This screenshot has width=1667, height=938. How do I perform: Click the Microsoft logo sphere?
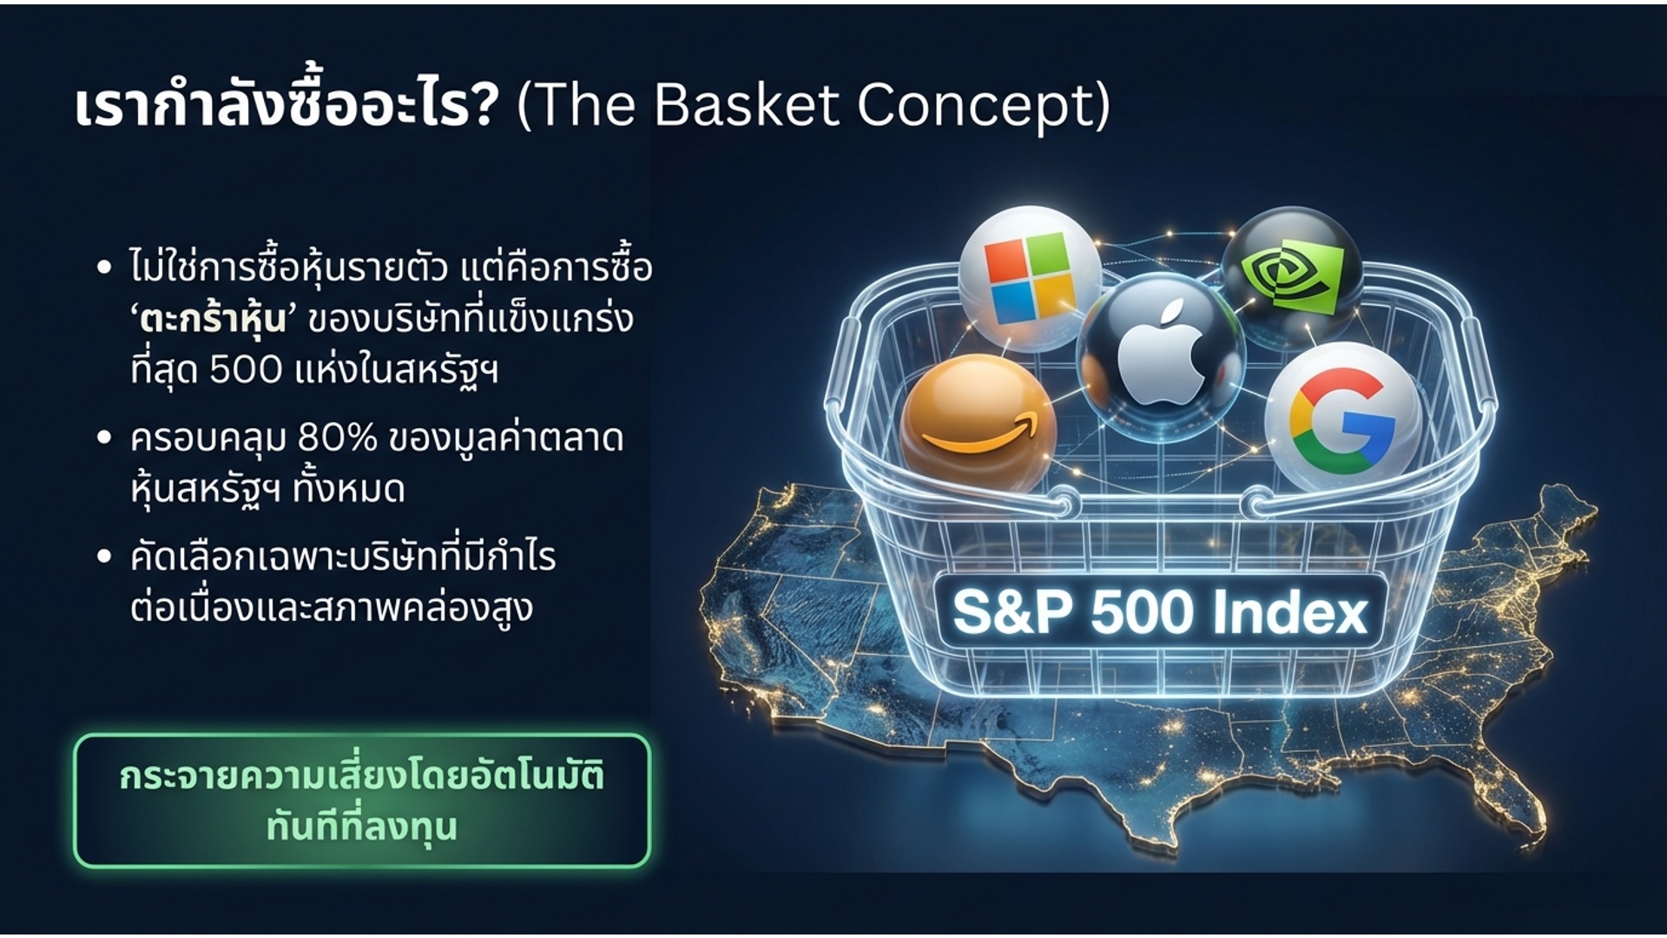pos(1030,278)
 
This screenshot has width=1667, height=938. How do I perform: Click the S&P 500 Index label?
pos(1160,612)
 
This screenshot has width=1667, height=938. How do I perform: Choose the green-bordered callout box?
pos(362,801)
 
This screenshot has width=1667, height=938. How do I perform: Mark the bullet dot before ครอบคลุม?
pos(104,437)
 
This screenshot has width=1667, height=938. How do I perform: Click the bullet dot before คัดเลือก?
pos(104,556)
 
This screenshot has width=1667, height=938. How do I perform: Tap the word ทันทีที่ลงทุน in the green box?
pos(362,826)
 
